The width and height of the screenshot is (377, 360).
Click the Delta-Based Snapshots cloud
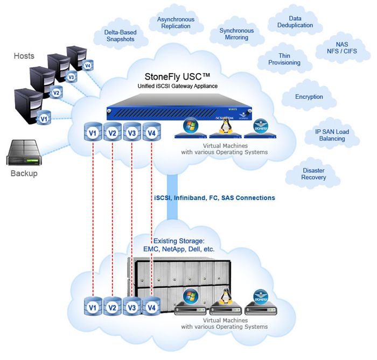(120, 36)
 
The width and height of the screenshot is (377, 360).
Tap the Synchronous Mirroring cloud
(236, 34)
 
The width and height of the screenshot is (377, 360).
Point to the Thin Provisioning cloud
(284, 59)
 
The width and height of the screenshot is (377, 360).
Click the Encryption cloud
(309, 97)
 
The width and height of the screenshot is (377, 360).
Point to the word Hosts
(24, 56)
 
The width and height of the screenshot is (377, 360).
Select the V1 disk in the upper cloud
(92, 132)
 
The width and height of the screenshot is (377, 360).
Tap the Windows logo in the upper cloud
(190, 126)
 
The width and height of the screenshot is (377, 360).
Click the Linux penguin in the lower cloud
(225, 297)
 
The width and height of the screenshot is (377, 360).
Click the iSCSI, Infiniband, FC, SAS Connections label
(214, 197)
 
